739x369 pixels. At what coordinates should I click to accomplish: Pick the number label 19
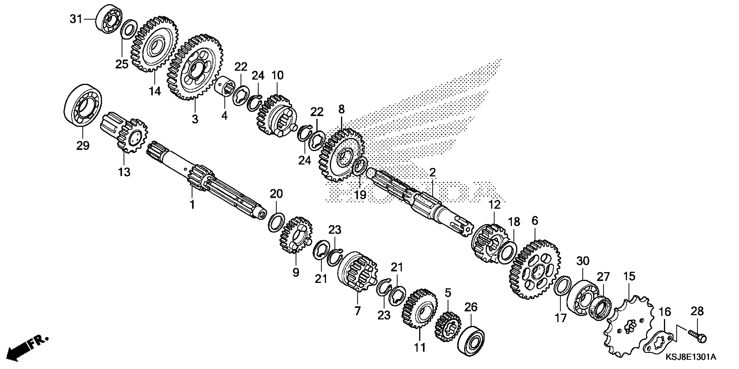360,194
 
